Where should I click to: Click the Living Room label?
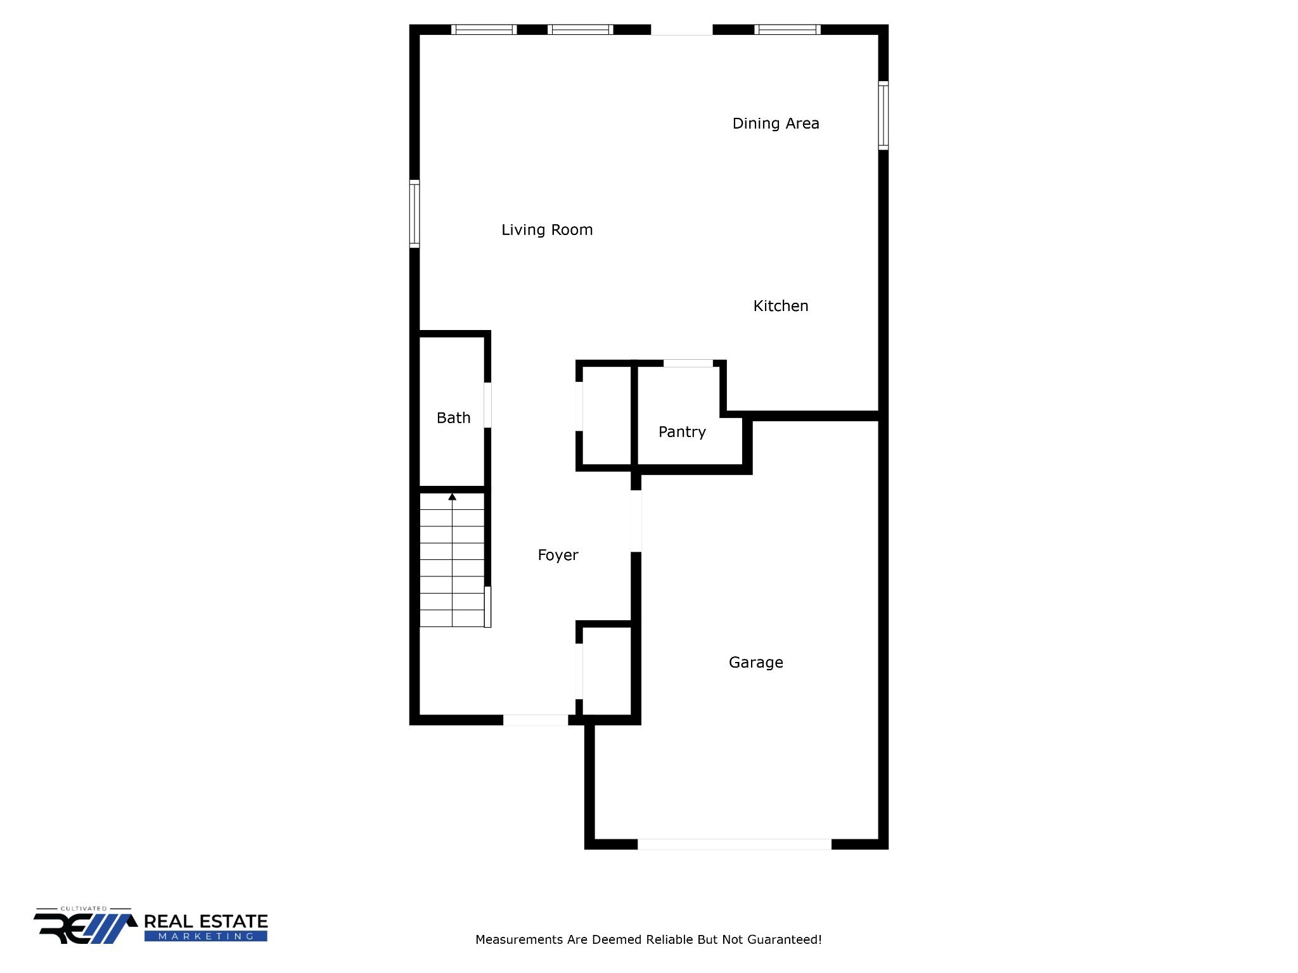pyautogui.click(x=547, y=230)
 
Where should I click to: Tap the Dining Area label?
pyautogui.click(x=776, y=124)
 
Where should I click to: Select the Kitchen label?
pyautogui.click(x=780, y=306)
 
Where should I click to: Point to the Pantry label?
pyautogui.click(x=682, y=432)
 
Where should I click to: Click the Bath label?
pyautogui.click(x=453, y=418)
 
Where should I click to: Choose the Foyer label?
pyautogui.click(x=558, y=556)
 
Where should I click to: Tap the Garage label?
pyautogui.click(x=755, y=663)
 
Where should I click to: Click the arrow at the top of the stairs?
pyautogui.click(x=452, y=497)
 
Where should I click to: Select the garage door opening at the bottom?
pyautogui.click(x=734, y=844)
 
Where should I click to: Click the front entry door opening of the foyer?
pyautogui.click(x=536, y=720)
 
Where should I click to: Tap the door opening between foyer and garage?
pyautogui.click(x=636, y=521)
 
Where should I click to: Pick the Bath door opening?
pyautogui.click(x=487, y=405)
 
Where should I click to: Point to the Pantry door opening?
pyautogui.click(x=688, y=364)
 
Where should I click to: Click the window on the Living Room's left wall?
pyautogui.click(x=414, y=213)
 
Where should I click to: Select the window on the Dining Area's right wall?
pyautogui.click(x=883, y=115)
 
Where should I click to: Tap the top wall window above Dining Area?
pyautogui.click(x=787, y=29)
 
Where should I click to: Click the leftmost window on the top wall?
pyautogui.click(x=484, y=29)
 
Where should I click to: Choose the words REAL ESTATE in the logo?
pyautogui.click(x=206, y=921)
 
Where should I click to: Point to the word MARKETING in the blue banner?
pyautogui.click(x=206, y=936)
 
